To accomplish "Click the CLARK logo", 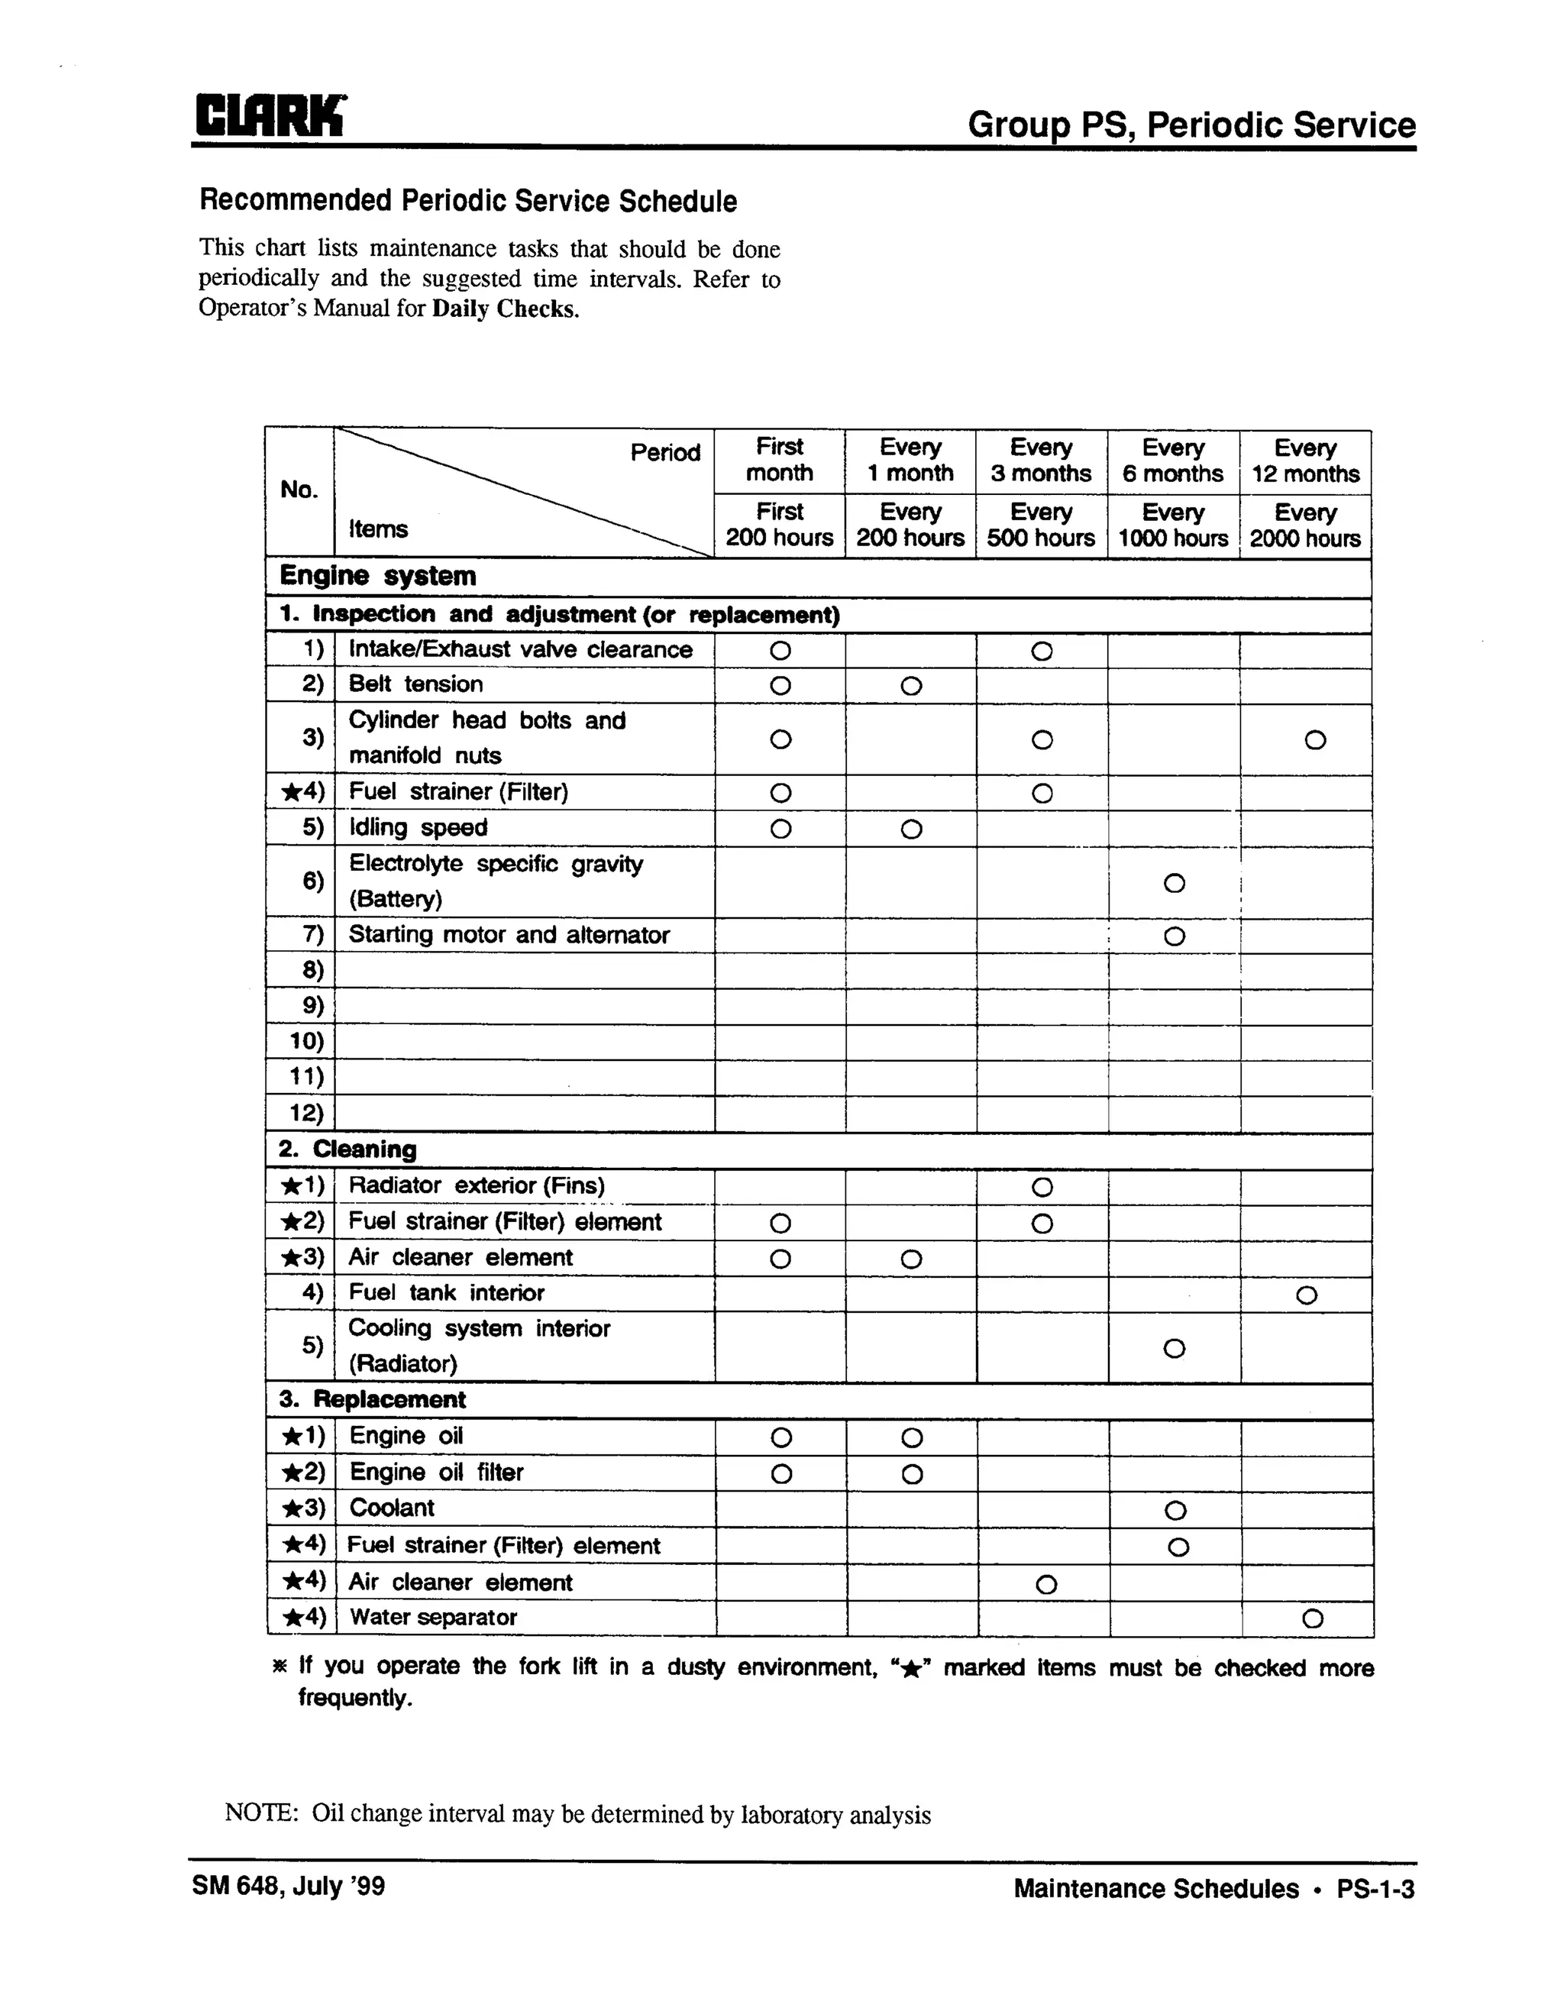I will tap(270, 117).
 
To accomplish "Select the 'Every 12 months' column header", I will tap(1304, 461).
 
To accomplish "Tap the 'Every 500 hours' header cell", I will tap(1041, 525).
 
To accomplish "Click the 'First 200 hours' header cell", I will tap(779, 525).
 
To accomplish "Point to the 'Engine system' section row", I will tap(378, 577).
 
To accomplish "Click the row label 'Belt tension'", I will tap(415, 684).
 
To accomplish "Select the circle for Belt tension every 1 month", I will tap(910, 686).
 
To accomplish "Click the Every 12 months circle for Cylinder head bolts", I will tap(1315, 740).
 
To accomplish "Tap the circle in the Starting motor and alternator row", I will tap(1175, 937).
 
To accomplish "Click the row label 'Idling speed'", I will tap(418, 827).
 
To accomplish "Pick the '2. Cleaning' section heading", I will tap(347, 1150).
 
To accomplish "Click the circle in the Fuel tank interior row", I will tap(1307, 1295).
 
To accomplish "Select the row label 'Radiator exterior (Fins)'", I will tap(477, 1186).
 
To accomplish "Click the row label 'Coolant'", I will tap(392, 1508).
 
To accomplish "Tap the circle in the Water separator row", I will tap(1313, 1619).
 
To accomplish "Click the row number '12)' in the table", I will tap(306, 1114).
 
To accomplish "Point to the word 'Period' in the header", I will tap(664, 452).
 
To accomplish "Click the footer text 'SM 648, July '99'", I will tap(289, 1887).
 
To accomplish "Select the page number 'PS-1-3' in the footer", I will tap(1375, 1890).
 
